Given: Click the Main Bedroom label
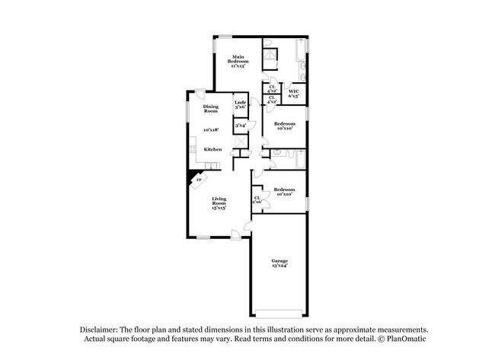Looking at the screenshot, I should tap(238, 59).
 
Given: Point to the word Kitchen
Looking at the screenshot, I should tap(212, 149).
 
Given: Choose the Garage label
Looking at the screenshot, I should tap(279, 262).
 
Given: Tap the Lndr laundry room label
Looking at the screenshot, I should tap(240, 102).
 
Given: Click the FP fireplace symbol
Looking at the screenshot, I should tap(199, 180).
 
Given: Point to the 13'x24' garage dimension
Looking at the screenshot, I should tap(279, 266).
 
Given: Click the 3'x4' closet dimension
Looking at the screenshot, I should tap(240, 125).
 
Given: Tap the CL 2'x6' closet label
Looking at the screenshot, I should tap(257, 199).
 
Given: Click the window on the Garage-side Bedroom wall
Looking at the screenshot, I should tap(307, 199).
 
